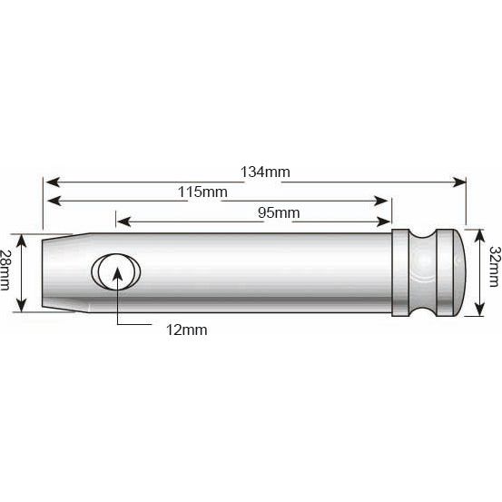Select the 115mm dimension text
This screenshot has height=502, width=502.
202,192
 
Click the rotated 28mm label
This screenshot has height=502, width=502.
8,270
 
